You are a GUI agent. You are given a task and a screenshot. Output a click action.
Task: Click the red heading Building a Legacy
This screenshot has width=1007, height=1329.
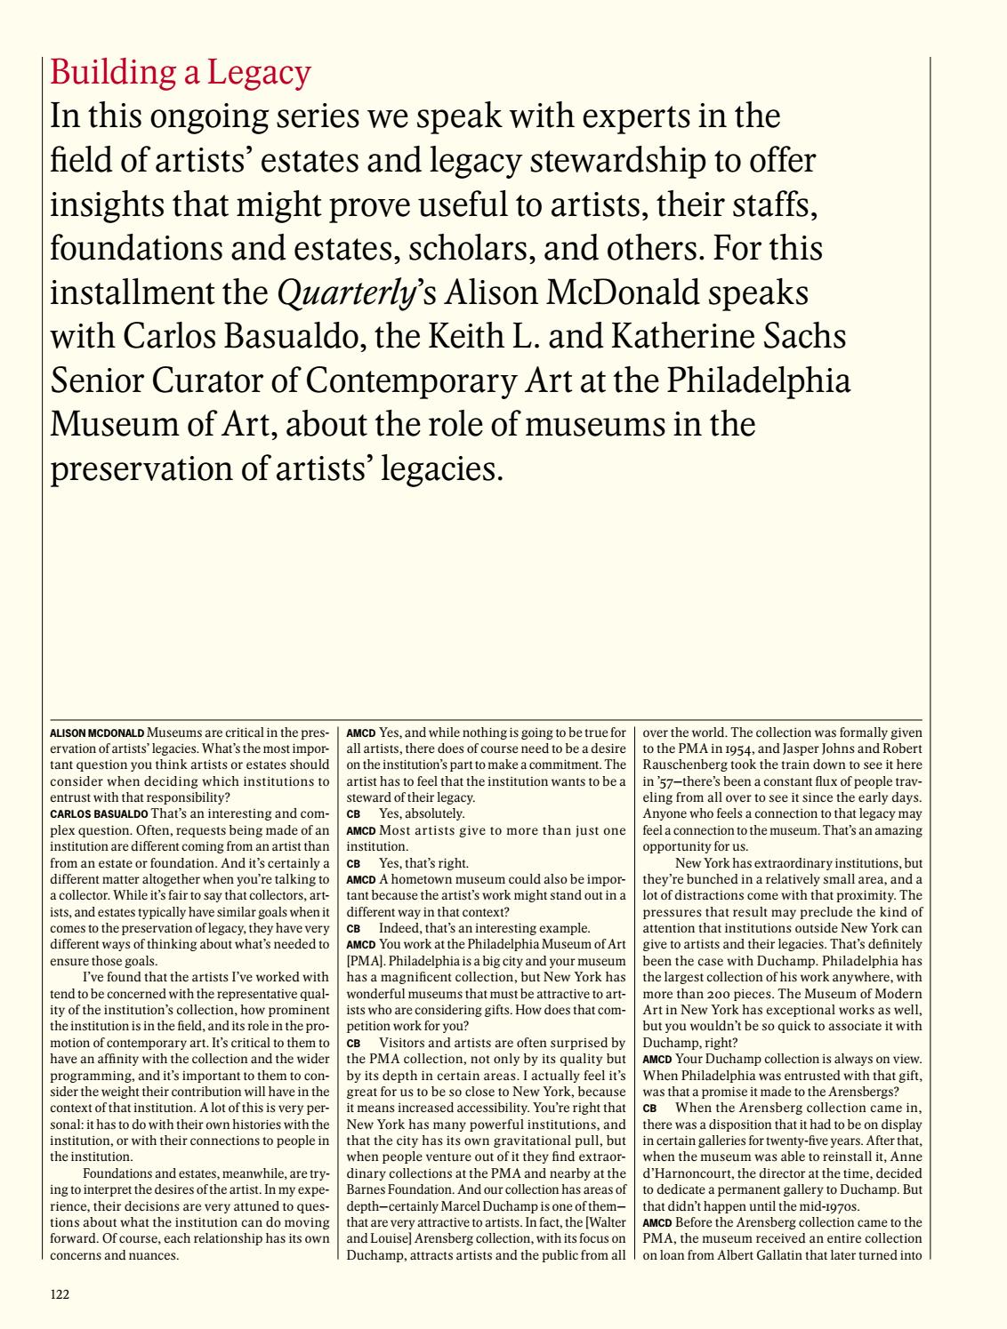coord(181,73)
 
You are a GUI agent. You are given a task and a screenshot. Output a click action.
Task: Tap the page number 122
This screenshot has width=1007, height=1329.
coord(60,1295)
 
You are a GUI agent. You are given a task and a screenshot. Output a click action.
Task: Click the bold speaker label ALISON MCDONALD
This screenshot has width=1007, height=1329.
coord(97,733)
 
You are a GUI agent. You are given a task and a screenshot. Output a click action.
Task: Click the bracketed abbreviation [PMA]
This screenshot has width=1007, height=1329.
coord(361,960)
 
